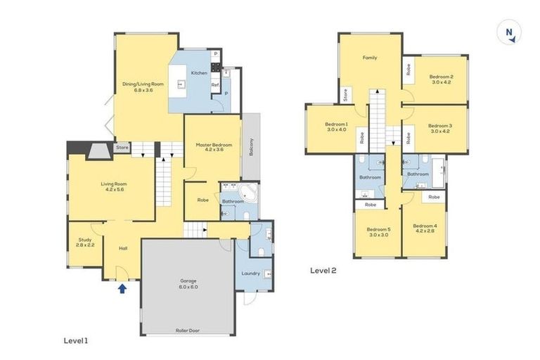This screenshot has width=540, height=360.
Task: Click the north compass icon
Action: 507,33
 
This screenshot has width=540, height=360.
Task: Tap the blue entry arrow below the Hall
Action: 123,288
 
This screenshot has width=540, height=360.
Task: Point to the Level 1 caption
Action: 76,340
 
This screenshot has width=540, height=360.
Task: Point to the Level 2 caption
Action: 323,270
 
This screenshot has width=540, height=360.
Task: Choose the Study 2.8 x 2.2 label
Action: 86,243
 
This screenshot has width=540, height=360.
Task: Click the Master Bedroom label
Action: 213,146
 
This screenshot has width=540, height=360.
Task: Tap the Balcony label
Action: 251,146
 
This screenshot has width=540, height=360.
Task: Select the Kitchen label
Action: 199,73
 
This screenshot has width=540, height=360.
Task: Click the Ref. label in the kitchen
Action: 215,85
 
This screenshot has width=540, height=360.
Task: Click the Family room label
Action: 370,58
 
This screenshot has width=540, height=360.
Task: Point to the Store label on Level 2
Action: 345,94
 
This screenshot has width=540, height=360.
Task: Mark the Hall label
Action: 123,248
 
